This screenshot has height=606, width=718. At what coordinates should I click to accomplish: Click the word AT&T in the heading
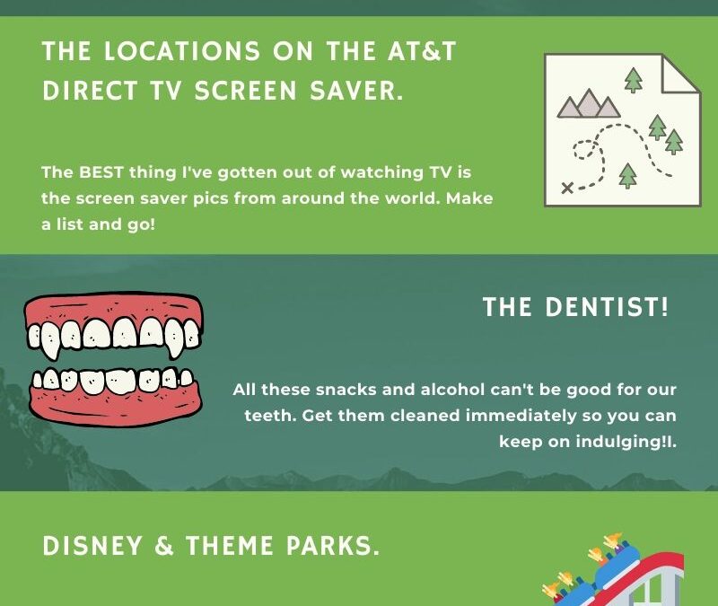(422, 50)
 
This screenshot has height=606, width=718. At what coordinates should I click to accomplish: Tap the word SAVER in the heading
(356, 90)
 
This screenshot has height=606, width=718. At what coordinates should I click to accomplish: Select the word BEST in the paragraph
(101, 172)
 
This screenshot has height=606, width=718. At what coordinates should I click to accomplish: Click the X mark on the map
(567, 188)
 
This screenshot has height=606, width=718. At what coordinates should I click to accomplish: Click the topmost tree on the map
(634, 80)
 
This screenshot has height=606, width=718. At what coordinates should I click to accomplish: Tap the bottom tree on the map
(627, 175)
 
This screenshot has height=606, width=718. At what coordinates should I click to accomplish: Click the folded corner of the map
(681, 74)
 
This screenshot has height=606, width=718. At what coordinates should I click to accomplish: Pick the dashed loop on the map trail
(582, 149)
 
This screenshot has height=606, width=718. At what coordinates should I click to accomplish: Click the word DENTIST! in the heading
(607, 307)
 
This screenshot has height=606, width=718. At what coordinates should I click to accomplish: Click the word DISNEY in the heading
(92, 546)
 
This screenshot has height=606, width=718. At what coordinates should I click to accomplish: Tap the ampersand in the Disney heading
(164, 546)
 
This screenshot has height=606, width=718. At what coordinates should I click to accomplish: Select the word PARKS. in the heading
(333, 546)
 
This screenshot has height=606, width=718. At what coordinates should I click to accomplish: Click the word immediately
(521, 416)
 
